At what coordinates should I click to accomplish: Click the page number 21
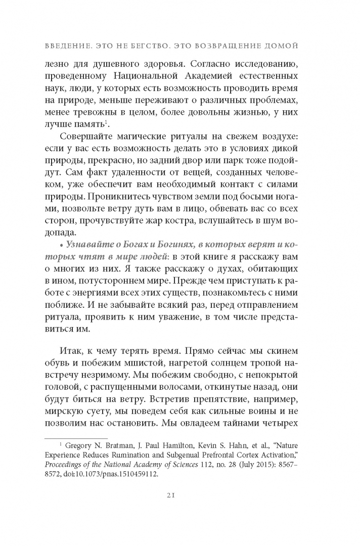pyautogui.click(x=180, y=495)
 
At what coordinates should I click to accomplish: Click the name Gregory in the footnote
pyautogui.click(x=83, y=445)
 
